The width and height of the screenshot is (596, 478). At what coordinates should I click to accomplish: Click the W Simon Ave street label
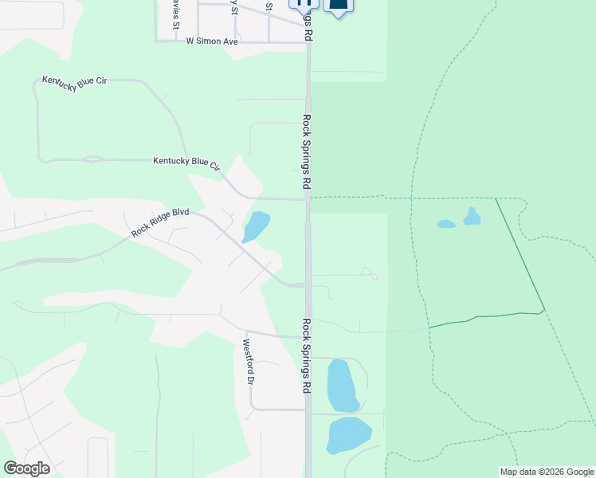212,41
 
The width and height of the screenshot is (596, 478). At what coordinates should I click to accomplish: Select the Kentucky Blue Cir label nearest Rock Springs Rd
186,163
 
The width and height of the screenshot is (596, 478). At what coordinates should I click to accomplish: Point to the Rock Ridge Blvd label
160,221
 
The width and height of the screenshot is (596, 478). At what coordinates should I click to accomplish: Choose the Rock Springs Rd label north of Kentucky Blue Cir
306,151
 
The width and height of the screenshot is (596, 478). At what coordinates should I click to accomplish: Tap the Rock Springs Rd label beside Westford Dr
306,356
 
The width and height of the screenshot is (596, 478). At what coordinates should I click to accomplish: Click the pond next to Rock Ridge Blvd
256,225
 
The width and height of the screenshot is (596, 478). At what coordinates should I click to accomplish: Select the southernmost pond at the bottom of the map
349,435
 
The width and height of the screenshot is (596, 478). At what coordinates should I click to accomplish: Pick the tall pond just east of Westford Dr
342,385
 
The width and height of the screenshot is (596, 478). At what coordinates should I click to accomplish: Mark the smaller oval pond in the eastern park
446,224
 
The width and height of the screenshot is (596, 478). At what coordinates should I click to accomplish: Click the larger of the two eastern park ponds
472,216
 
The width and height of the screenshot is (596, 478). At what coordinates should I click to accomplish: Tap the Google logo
26,468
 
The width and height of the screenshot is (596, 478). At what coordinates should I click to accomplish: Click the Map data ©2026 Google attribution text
547,472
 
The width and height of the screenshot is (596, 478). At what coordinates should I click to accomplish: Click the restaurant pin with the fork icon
304,3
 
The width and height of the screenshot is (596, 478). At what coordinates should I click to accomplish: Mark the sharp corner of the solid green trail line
544,310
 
